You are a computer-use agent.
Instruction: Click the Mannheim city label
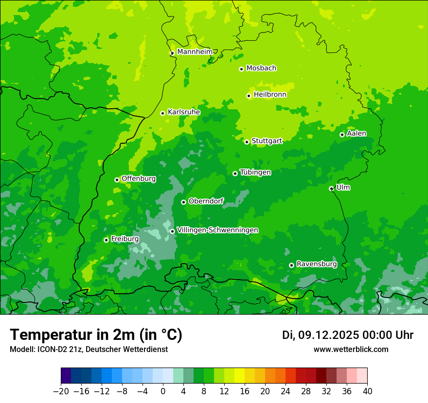pyautogui.click(x=195, y=52)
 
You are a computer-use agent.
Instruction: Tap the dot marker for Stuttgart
pyautogui.click(x=247, y=142)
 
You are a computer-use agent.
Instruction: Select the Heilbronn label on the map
pyautogui.click(x=270, y=95)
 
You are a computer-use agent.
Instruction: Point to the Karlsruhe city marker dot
pyautogui.click(x=162, y=113)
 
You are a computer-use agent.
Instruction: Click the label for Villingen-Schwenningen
pyautogui.click(x=217, y=230)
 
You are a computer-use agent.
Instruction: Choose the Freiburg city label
pyautogui.click(x=125, y=239)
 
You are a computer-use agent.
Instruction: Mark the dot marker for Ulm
pyautogui.click(x=331, y=188)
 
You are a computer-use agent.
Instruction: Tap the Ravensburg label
pyautogui.click(x=317, y=264)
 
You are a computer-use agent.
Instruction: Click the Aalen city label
pyautogui.click(x=357, y=134)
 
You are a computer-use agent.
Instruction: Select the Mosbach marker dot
pyautogui.click(x=241, y=69)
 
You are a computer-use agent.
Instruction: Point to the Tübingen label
pyautogui.click(x=255, y=172)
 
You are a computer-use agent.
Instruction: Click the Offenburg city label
pyautogui.click(x=139, y=179)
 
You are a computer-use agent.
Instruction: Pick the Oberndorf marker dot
pyautogui.click(x=183, y=202)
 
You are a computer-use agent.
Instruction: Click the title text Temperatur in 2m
pyautogui.click(x=96, y=335)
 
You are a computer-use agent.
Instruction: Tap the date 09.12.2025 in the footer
pyautogui.click(x=326, y=335)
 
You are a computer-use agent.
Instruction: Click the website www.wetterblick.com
pyautogui.click(x=351, y=349)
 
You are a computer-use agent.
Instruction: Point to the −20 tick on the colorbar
pyautogui.click(x=61, y=391)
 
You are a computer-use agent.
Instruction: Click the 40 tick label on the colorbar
pyautogui.click(x=367, y=391)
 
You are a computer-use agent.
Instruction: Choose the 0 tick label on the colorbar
pyautogui.click(x=163, y=391)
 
